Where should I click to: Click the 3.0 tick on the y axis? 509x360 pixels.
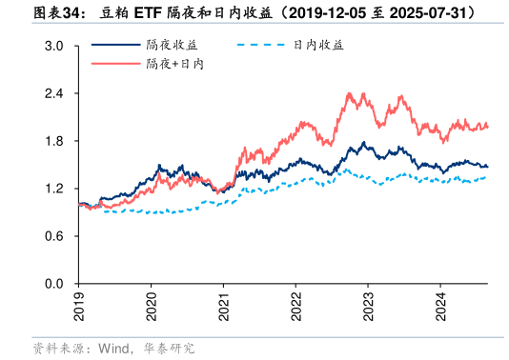(x=54, y=47)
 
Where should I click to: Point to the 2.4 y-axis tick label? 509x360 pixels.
(x=54, y=94)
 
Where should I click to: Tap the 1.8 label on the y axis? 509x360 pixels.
(x=54, y=142)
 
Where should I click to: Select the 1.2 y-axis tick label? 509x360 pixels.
(x=54, y=190)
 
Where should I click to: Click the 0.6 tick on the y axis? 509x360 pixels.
(x=54, y=236)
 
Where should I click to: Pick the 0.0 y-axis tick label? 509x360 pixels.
(x=54, y=284)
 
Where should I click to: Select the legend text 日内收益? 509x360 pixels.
(x=317, y=45)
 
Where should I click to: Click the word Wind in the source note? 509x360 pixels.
(x=113, y=349)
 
